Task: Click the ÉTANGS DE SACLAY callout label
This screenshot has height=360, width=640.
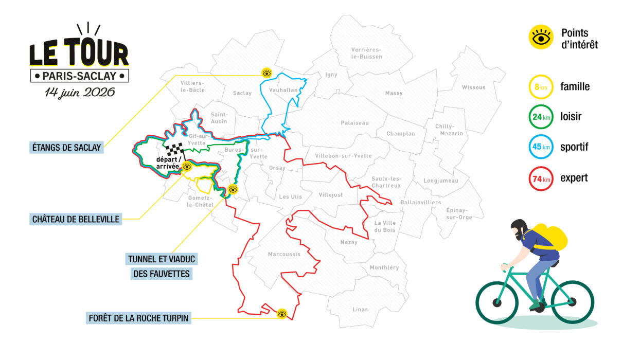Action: [66, 148]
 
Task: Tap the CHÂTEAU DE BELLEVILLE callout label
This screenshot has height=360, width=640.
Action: [75, 219]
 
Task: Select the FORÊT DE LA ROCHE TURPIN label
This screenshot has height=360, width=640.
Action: [139, 318]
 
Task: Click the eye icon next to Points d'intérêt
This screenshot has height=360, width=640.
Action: [541, 38]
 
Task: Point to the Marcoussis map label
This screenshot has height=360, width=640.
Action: [283, 255]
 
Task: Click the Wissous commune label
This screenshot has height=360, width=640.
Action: [473, 87]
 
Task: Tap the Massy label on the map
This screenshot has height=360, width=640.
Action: [394, 94]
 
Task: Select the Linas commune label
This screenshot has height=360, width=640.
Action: [360, 310]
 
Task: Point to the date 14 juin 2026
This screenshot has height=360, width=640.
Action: [79, 93]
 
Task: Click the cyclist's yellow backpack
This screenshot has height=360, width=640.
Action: [550, 237]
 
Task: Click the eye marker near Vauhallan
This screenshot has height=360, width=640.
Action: [266, 73]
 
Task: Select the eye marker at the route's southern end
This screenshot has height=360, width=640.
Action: [281, 313]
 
